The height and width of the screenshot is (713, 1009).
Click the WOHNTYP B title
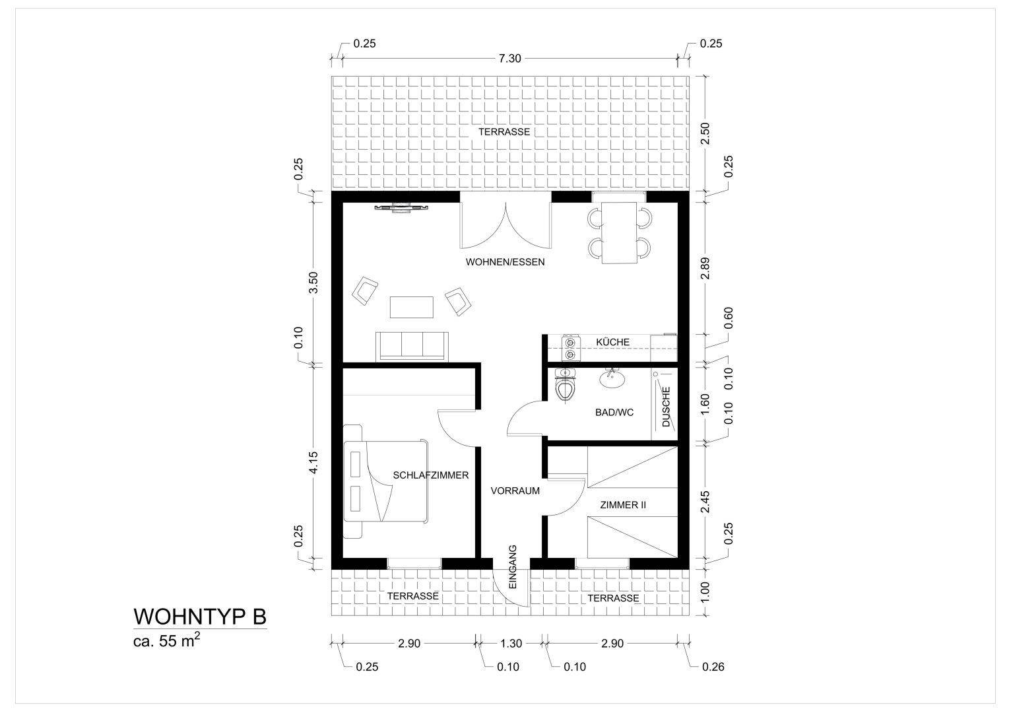(x=200, y=616)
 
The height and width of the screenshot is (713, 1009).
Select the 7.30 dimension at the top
(x=509, y=58)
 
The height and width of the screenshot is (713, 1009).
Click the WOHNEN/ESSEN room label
(x=505, y=262)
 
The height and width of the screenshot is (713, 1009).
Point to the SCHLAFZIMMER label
(x=430, y=475)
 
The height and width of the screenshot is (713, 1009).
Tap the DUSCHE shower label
(x=666, y=407)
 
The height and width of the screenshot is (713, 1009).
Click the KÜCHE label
(x=612, y=342)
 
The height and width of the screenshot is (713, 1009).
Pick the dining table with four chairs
(x=619, y=232)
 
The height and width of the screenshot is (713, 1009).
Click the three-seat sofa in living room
(x=412, y=347)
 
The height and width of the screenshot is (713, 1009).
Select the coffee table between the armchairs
(x=412, y=307)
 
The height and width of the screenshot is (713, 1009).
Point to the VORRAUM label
(x=515, y=491)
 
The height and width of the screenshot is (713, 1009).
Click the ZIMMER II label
(x=622, y=505)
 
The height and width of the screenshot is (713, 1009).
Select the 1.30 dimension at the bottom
(x=511, y=644)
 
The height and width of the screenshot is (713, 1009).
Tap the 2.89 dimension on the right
(x=705, y=266)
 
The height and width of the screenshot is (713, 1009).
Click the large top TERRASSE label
(x=504, y=132)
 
